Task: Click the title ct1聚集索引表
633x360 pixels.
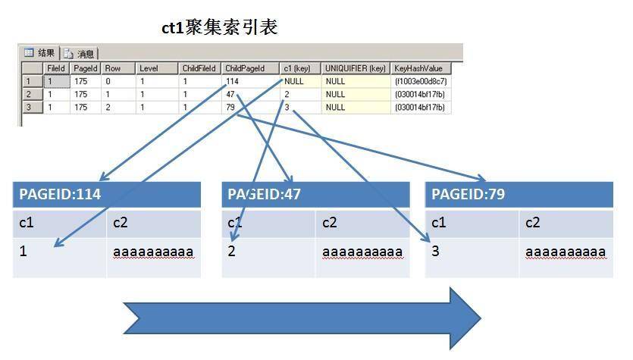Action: tap(219, 27)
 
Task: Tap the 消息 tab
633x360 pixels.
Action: tap(79, 54)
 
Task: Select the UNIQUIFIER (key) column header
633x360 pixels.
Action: tap(356, 68)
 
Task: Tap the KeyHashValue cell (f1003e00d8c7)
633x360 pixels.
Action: tap(420, 81)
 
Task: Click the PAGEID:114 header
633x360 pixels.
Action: tap(107, 194)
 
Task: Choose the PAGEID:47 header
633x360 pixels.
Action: tap(315, 194)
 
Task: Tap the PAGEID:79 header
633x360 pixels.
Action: tap(519, 194)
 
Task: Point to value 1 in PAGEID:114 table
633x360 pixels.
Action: tap(23, 251)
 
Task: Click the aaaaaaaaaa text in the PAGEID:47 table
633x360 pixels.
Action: tap(362, 252)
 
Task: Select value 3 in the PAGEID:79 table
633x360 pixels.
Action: tap(435, 251)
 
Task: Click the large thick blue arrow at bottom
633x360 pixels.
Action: tap(302, 318)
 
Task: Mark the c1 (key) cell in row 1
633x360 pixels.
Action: tap(300, 81)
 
